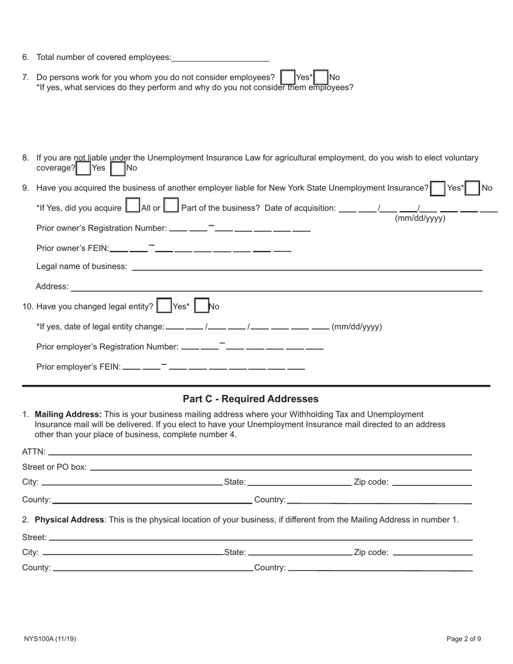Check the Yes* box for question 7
click(x=288, y=77)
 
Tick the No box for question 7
click(x=321, y=77)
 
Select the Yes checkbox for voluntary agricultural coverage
click(x=83, y=168)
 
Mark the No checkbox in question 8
click(x=117, y=168)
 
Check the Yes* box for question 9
click(x=438, y=188)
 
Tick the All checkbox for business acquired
click(x=132, y=206)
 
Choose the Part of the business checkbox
click(x=171, y=206)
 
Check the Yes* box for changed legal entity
click(x=164, y=306)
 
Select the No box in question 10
click(x=201, y=306)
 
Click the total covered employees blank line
click(x=220, y=57)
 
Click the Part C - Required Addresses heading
click(x=251, y=399)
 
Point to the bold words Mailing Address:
click(x=68, y=415)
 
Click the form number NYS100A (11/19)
click(x=50, y=639)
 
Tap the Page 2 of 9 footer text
click(x=463, y=639)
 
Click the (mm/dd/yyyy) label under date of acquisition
click(x=420, y=219)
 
